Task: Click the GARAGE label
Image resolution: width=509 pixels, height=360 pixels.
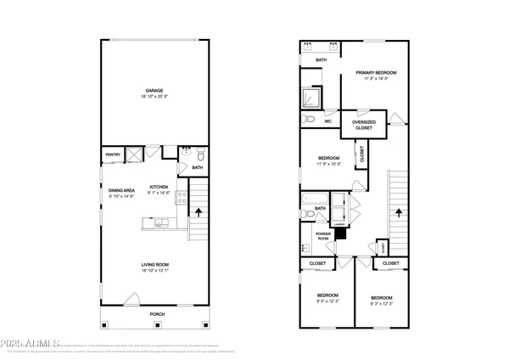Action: pyautogui.click(x=154, y=91)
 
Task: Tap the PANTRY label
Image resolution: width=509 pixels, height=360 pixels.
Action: pyautogui.click(x=112, y=155)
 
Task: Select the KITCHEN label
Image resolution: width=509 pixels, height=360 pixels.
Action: pyautogui.click(x=159, y=187)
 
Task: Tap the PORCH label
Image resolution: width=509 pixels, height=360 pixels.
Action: pyautogui.click(x=157, y=314)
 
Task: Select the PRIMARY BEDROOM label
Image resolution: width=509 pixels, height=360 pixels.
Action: pyautogui.click(x=377, y=73)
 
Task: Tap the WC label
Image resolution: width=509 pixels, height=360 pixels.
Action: pyautogui.click(x=327, y=121)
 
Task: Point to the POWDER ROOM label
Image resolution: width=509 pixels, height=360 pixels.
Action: pyautogui.click(x=322, y=234)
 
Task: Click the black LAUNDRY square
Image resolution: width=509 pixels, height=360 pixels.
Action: pyautogui.click(x=340, y=232)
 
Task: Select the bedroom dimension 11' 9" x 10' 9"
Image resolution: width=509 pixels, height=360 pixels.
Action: pyautogui.click(x=329, y=164)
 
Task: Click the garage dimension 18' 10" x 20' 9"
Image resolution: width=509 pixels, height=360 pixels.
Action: pyautogui.click(x=154, y=97)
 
